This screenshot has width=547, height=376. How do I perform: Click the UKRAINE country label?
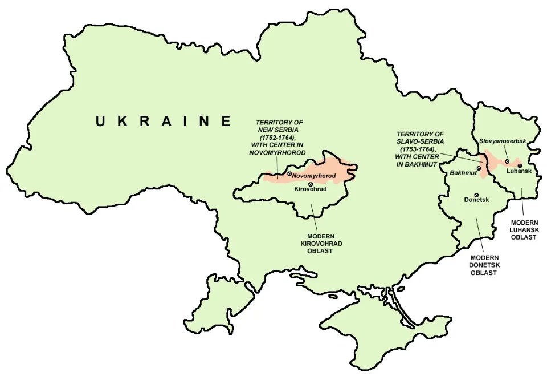pos(164,121)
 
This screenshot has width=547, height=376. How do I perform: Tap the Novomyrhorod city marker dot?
pos(289,173)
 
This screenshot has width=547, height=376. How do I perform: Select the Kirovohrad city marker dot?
pos(310,184)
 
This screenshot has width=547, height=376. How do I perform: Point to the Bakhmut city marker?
pos(480,168)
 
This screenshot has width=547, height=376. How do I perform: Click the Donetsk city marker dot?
pos(476,195)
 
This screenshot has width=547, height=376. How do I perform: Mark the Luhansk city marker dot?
pos(519,165)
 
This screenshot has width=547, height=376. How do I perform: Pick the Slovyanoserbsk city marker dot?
pos(507,161)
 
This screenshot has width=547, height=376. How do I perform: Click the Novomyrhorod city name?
pos(314,176)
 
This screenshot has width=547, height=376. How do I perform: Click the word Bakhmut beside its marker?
pos(463,172)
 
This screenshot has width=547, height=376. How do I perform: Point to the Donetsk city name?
pos(476,202)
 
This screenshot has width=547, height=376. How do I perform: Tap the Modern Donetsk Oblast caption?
pos(483,265)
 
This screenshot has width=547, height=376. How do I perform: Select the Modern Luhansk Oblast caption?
pos(523,229)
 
